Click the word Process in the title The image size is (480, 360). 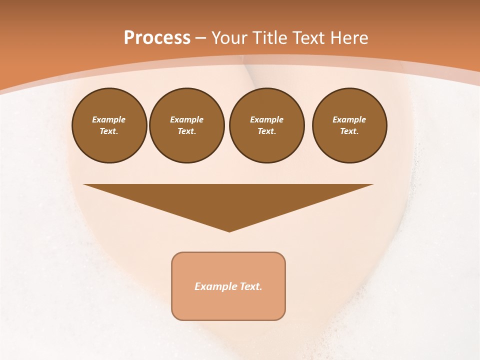[x=157, y=38]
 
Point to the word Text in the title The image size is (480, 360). [x=308, y=38]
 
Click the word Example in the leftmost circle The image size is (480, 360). [x=109, y=119]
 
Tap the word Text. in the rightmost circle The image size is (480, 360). [x=349, y=131]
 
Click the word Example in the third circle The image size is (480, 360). [x=266, y=119]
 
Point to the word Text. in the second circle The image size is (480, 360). [x=187, y=131]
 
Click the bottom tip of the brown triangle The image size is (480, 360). [x=229, y=230]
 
